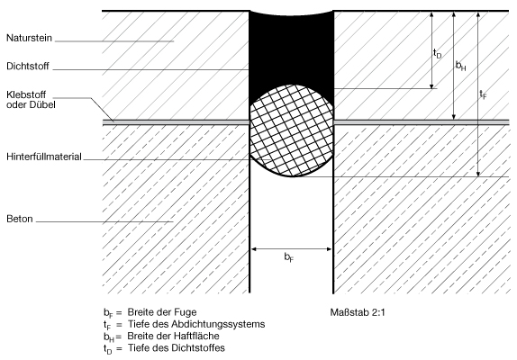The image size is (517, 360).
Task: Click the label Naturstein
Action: click(x=29, y=38)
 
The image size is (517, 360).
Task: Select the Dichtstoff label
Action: click(x=28, y=67)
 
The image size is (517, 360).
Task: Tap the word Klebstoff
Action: click(x=26, y=94)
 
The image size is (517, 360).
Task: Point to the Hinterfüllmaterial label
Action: click(x=44, y=157)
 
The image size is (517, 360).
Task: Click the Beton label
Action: click(x=20, y=219)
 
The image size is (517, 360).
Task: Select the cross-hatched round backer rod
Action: click(x=292, y=130)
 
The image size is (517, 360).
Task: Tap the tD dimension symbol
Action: click(x=437, y=54)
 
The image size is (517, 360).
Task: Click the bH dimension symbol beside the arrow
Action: click(x=460, y=67)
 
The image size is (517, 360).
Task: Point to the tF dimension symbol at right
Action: click(x=483, y=94)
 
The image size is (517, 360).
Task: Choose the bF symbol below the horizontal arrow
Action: click(x=289, y=257)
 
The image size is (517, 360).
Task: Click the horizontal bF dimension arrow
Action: click(x=291, y=249)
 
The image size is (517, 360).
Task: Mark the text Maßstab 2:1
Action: click(x=358, y=312)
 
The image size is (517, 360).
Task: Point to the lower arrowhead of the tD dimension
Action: click(x=431, y=86)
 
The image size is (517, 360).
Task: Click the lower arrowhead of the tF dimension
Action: click(x=478, y=175)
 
